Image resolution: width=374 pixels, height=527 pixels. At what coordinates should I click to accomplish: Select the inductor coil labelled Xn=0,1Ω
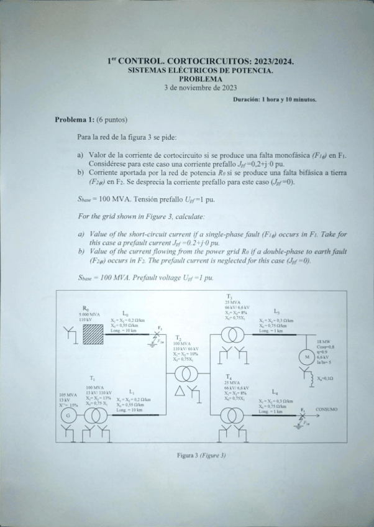point(306,376)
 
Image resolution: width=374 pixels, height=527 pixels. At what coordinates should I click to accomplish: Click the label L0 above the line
point(126,314)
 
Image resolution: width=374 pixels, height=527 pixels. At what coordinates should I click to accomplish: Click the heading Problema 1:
point(74,119)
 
